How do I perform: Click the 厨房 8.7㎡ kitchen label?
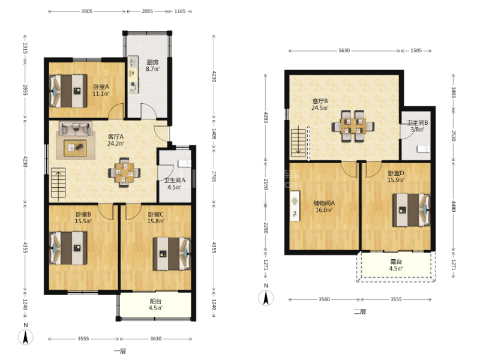tap(152, 65)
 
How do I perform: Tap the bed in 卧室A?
tap(68, 91)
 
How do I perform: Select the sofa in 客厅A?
tap(76, 128)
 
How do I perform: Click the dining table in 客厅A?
tap(124, 173)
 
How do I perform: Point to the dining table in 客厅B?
tap(353, 126)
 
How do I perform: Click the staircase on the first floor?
tap(58, 184)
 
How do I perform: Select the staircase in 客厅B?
tap(298, 143)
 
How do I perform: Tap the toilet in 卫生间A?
tap(185, 163)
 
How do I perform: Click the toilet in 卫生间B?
tap(424, 149)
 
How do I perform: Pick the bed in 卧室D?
tap(412, 209)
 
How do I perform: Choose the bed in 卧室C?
tap(172, 254)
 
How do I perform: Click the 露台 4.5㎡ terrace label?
tap(396, 265)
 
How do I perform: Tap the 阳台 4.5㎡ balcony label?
tap(155, 305)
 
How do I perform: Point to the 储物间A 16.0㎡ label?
tap(324, 206)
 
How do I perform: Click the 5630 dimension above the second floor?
tap(344, 50)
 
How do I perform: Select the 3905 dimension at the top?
tap(86, 11)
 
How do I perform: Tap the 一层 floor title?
tap(120, 351)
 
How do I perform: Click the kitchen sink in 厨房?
tap(133, 62)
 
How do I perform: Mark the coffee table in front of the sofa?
tap(76, 148)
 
